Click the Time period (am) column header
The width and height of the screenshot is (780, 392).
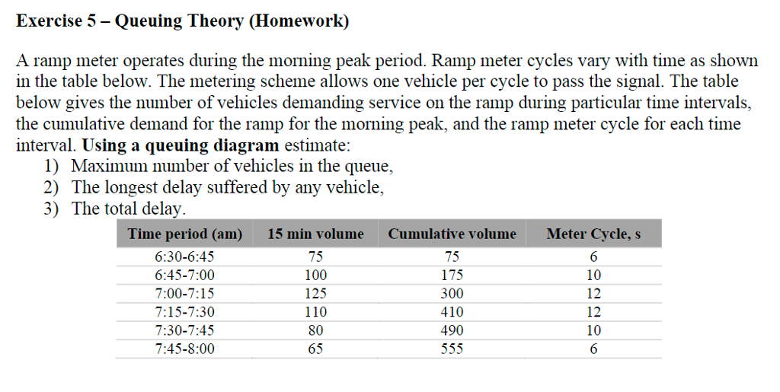click(x=185, y=234)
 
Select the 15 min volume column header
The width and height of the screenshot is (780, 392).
click(x=315, y=234)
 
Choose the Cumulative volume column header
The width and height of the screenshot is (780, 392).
click(x=452, y=234)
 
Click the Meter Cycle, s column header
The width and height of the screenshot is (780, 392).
click(x=593, y=234)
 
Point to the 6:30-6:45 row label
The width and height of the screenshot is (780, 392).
click(x=184, y=257)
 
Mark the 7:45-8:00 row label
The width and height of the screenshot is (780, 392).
click(x=184, y=349)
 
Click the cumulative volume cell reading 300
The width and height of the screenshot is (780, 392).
click(x=452, y=294)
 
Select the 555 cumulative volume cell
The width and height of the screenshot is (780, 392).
click(x=452, y=349)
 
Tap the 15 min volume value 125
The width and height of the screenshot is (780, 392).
click(x=315, y=294)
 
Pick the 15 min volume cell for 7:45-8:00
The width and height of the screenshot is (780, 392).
click(x=315, y=349)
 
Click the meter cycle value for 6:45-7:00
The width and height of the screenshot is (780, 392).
click(x=593, y=276)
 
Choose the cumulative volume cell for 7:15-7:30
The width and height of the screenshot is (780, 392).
click(x=452, y=312)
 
